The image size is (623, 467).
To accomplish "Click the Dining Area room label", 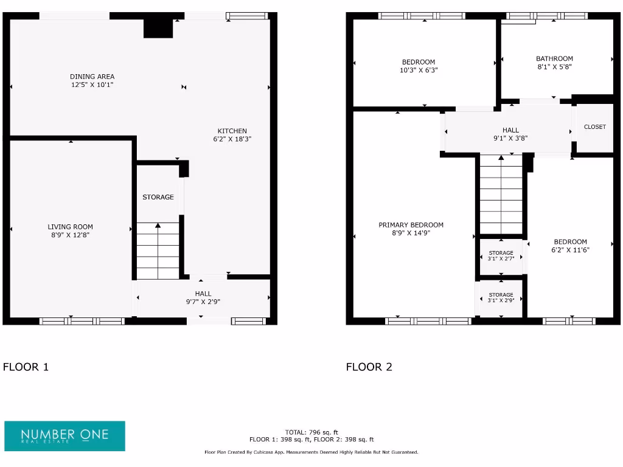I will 92,77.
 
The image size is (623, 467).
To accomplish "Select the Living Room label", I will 71,227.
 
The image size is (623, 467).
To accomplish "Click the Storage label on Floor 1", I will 158,197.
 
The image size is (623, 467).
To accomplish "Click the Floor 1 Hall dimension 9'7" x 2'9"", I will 203,302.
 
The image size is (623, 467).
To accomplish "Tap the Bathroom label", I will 554,59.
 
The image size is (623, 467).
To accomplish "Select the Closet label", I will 594,127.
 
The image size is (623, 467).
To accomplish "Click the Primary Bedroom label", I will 411,225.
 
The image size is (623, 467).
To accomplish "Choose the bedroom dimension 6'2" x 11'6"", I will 570,250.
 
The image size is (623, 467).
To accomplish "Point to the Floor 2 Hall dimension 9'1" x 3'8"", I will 510,138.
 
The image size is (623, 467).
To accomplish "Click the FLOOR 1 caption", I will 26,367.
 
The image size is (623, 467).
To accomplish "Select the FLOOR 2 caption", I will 369,367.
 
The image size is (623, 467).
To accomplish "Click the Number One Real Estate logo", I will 64,436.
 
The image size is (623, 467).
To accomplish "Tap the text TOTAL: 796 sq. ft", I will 311,432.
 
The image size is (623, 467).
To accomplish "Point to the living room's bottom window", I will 82,321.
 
